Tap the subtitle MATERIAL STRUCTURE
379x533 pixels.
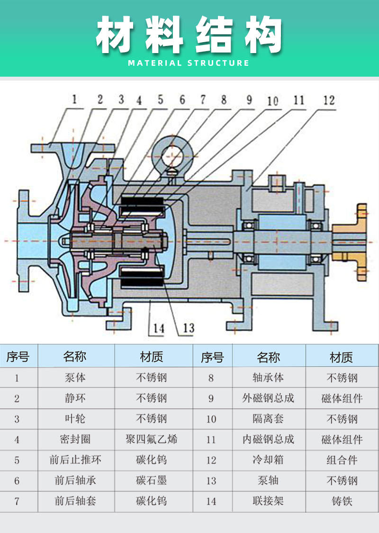pos(189,63)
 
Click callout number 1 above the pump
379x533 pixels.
pos(74,99)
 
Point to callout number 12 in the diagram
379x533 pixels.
pos(329,100)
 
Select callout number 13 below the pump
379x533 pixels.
pos(189,328)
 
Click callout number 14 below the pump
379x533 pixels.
pos(158,328)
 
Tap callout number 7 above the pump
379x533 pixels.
pos(203,99)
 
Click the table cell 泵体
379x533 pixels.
pos(75,378)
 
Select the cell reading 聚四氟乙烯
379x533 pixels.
pos(151,439)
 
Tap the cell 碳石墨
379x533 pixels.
pos(151,480)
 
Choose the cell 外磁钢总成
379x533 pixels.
pos(268,398)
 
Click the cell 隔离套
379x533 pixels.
pos(268,419)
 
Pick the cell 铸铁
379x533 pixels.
pos(342,501)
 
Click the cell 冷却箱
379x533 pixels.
pos(268,460)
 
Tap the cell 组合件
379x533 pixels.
pos(342,460)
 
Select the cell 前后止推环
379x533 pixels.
pos(75,460)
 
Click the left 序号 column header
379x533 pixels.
pos(18,357)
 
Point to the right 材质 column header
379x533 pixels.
pos(341,357)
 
